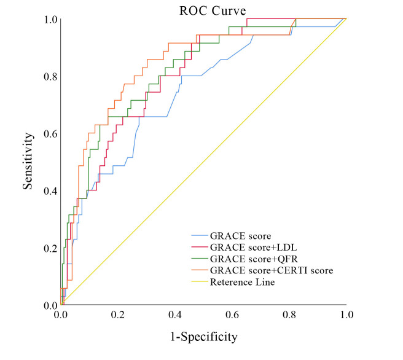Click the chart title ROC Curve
click(213, 11)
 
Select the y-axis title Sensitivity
click(28, 161)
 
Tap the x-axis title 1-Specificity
click(204, 337)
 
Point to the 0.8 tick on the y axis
click(50, 76)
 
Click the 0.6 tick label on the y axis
click(50, 134)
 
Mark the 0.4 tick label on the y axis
click(50, 191)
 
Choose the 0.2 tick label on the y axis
click(50, 248)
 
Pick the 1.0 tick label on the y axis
click(50, 19)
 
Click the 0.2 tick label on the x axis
click(118, 315)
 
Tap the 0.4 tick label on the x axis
click(175, 315)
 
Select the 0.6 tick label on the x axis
click(232, 315)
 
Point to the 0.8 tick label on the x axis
click(289, 315)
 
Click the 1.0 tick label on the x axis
click(346, 315)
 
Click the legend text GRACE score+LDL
click(254, 247)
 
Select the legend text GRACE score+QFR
click(254, 259)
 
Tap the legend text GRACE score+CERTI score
click(272, 270)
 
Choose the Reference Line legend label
click(243, 282)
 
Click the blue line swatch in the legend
click(200, 235)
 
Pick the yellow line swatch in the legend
click(200, 281)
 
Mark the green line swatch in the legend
click(200, 259)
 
